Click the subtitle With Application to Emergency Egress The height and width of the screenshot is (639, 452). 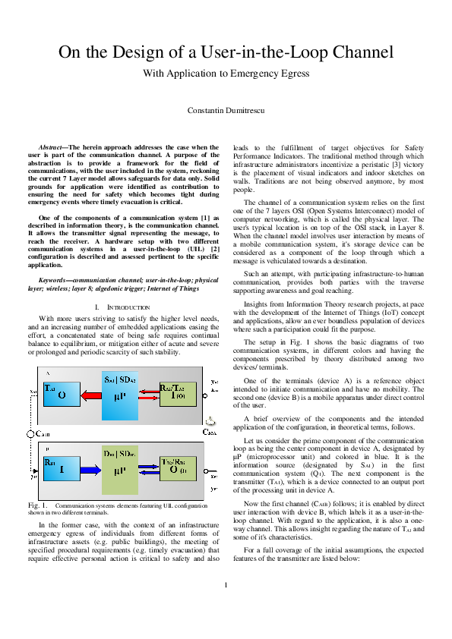pyautogui.click(x=226, y=74)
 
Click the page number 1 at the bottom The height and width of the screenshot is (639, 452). pyautogui.click(x=226, y=606)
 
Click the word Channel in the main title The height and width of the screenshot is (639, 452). pyautogui.click(x=365, y=53)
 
